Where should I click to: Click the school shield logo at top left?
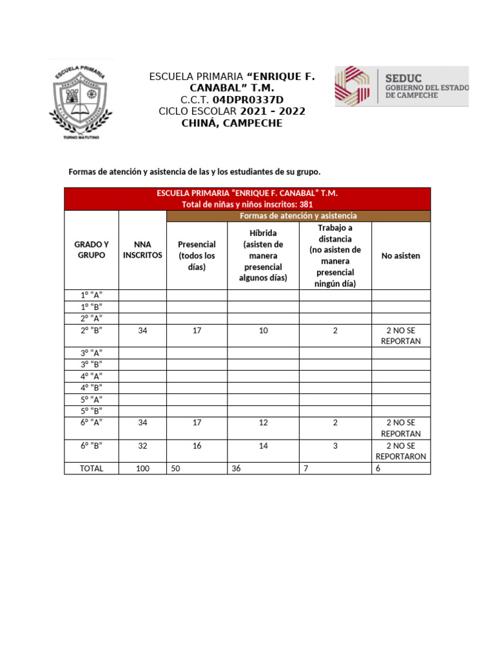pos(81,101)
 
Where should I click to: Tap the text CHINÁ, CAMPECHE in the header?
pos(233,123)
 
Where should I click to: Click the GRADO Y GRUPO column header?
pos(92,249)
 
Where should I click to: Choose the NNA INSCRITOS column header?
pos(142,249)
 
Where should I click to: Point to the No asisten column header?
pos(400,256)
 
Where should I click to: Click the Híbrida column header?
pos(263,255)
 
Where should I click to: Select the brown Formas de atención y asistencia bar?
pos(298,216)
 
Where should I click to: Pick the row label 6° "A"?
pos(92,423)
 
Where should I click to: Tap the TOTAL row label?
pos(92,469)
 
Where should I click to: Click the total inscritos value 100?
pos(142,469)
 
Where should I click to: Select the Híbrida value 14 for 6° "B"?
pos(263,446)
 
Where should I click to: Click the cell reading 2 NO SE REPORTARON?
pos(400,451)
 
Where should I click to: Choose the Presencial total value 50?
pos(175,469)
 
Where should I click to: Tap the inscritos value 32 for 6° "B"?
pos(142,446)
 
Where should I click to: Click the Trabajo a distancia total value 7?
pos(306,469)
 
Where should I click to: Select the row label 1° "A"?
pos(92,295)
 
